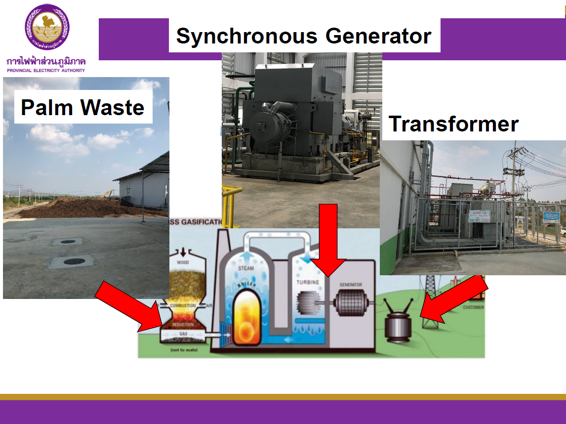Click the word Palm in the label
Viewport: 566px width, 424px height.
(48, 107)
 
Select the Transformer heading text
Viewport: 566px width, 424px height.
(453, 124)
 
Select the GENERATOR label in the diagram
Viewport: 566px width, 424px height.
(351, 285)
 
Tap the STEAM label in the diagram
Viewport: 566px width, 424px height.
(246, 268)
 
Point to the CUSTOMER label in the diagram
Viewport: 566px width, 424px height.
(473, 307)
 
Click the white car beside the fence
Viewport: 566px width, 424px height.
(563, 231)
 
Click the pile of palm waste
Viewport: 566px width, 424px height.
(64, 208)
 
